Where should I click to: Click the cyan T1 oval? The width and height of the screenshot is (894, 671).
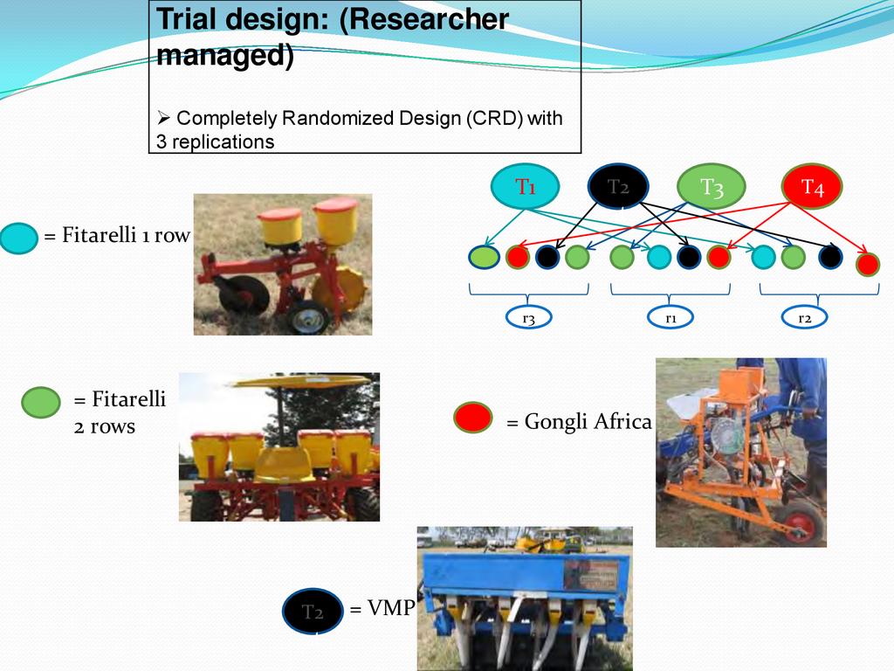click(x=525, y=187)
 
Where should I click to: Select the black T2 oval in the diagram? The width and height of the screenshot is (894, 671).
click(x=618, y=187)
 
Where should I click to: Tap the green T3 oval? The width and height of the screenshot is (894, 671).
click(x=712, y=187)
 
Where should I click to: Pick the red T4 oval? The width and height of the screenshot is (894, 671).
click(x=812, y=187)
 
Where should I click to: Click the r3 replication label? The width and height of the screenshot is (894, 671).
click(x=528, y=319)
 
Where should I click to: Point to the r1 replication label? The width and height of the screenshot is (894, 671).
click(x=670, y=319)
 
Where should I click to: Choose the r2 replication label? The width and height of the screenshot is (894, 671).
click(x=805, y=319)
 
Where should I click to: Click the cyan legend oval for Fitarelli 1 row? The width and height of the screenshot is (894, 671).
click(x=18, y=237)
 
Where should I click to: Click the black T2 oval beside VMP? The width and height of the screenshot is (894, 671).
click(x=312, y=611)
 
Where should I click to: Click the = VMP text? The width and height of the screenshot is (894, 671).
click(x=382, y=609)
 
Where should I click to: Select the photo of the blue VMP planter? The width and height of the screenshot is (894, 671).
click(x=524, y=598)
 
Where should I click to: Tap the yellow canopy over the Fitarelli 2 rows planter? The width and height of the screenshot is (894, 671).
click(x=302, y=381)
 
